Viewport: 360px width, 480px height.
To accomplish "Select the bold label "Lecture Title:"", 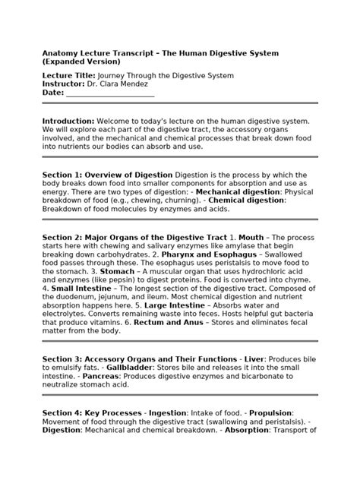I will click(68, 76).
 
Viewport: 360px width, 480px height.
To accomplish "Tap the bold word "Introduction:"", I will click(68, 121).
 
